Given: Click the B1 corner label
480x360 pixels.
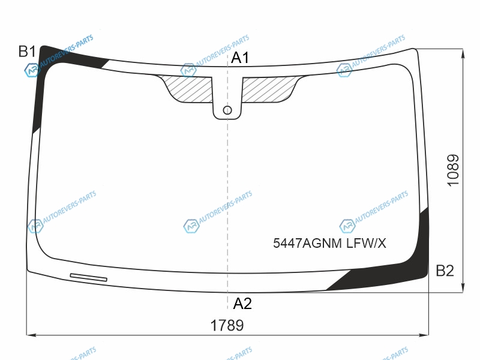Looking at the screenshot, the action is click(x=27, y=52).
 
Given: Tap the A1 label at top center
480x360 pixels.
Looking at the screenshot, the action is click(x=240, y=58).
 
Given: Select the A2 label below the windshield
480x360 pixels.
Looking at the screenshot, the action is click(x=242, y=304).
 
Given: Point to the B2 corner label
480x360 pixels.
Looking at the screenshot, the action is click(x=445, y=271).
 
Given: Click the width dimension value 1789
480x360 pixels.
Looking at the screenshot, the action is click(x=227, y=325).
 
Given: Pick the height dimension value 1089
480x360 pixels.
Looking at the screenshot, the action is click(x=454, y=170).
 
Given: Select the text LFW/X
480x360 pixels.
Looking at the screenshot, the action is click(x=366, y=244).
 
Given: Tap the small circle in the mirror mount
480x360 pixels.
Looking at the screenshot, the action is click(x=227, y=110).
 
